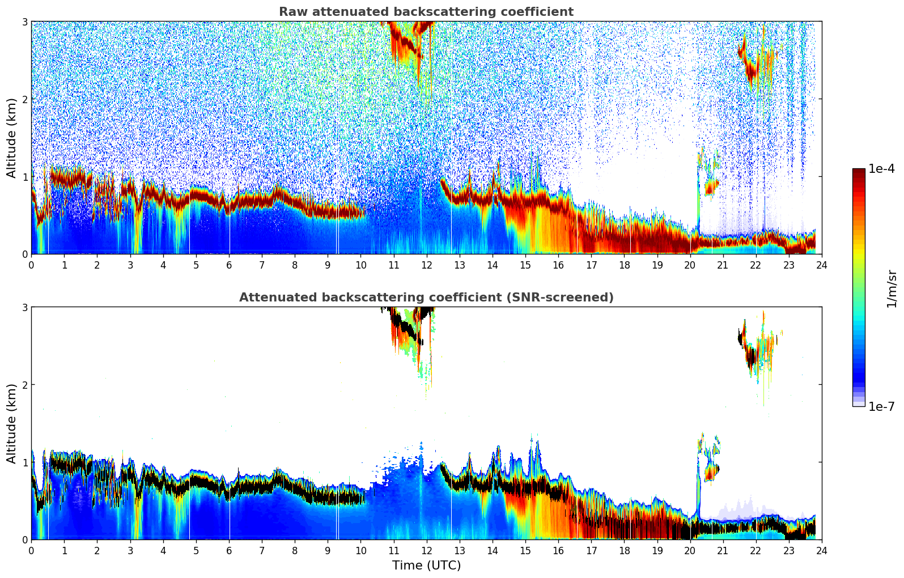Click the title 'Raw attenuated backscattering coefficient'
(x=426, y=12)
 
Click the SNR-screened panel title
(x=426, y=297)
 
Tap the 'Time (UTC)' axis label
(x=426, y=566)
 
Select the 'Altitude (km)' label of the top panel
(x=11, y=138)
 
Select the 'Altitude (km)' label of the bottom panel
(x=11, y=423)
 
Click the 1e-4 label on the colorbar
(x=881, y=169)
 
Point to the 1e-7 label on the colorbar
(x=881, y=406)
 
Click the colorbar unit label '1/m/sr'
(x=892, y=288)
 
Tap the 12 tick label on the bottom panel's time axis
(x=426, y=551)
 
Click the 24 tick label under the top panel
(x=822, y=265)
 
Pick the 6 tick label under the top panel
(x=229, y=265)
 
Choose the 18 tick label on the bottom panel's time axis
(x=624, y=551)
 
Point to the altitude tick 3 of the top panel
(x=24, y=22)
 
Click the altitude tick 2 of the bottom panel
(x=24, y=385)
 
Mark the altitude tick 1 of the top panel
(x=24, y=177)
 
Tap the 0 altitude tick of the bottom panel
(x=24, y=539)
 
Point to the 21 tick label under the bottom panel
(x=723, y=551)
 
